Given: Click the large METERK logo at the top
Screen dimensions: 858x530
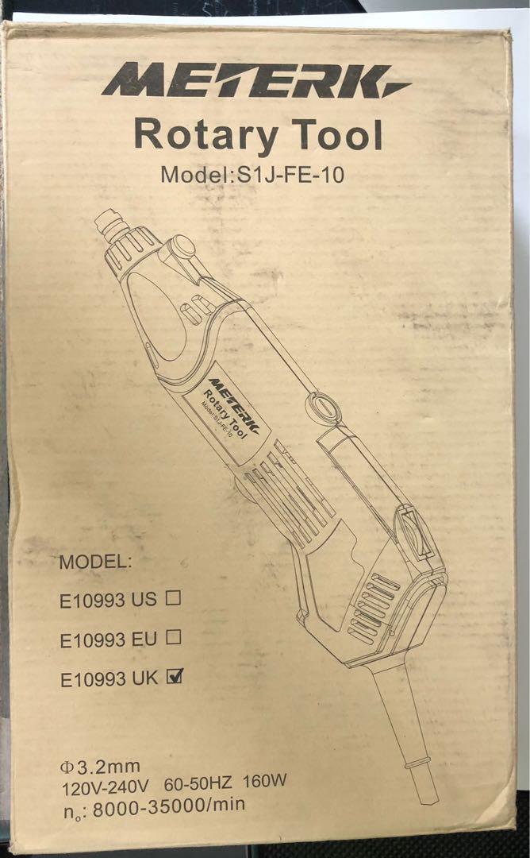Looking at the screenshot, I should tap(255, 81).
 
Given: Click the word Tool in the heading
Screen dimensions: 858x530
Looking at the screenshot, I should tap(333, 134).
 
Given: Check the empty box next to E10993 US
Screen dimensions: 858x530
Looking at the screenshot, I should tap(173, 600).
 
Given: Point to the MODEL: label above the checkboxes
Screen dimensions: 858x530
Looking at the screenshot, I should tap(95, 562).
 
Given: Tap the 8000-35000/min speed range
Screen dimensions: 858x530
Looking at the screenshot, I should tap(170, 804).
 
